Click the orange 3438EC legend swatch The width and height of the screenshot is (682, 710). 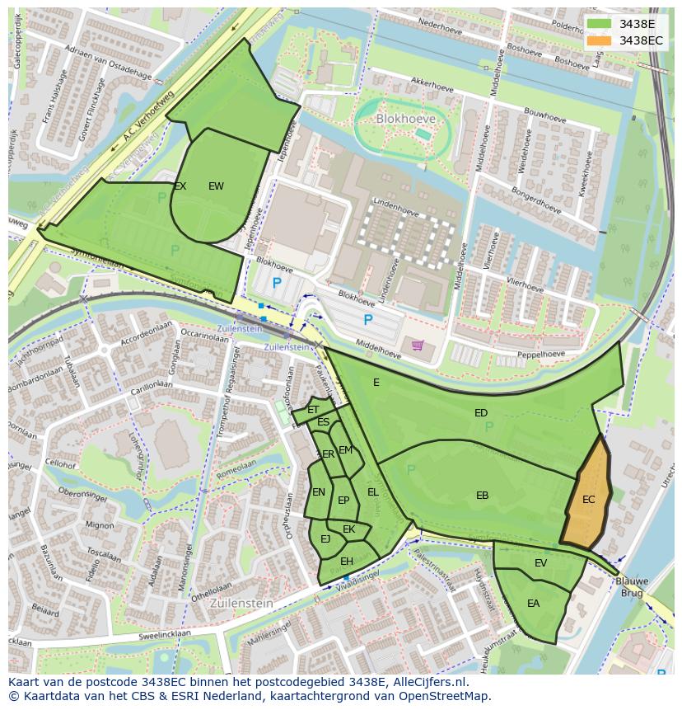coord(600,40)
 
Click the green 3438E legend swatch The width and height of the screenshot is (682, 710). coord(600,24)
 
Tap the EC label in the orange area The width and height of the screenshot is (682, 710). coord(588,500)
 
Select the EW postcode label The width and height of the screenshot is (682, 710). coord(216,186)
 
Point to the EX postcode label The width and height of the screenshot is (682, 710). coord(180,186)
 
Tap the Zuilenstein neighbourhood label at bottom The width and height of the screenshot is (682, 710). coord(241,603)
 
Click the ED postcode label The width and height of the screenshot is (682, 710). coord(481,413)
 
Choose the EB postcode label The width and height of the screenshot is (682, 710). coord(483,496)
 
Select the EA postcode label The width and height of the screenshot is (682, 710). coord(533,604)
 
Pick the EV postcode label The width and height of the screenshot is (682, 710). coord(540,563)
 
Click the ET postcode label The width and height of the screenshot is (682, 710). coord(313,410)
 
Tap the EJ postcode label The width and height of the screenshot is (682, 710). coord(325,539)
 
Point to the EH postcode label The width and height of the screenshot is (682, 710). coord(347,562)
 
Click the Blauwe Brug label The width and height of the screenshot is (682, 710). coord(633,586)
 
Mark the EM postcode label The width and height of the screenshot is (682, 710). coord(345,450)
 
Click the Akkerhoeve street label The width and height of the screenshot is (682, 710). coord(432,85)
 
